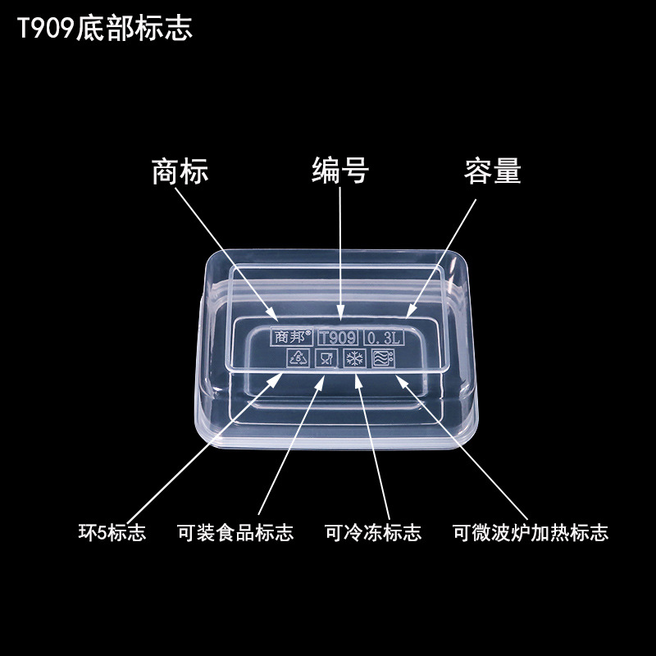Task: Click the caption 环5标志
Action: [112, 532]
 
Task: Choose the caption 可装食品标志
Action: [235, 532]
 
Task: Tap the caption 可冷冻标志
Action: [373, 532]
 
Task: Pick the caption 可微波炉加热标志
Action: [531, 532]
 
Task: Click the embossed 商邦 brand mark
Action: [291, 336]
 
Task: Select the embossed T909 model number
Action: [337, 337]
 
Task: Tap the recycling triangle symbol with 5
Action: [296, 358]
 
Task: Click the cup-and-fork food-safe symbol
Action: [326, 358]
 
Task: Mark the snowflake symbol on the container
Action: [355, 359]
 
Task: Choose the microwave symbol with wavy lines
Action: [383, 358]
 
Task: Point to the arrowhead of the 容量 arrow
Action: [409, 312]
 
